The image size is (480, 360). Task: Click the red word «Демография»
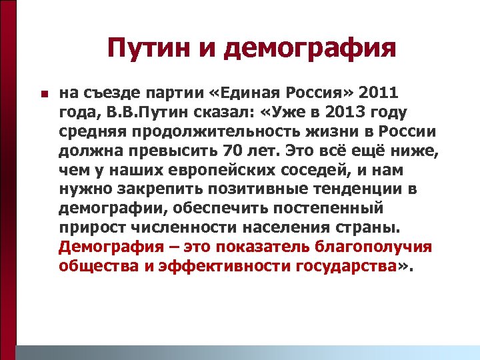tap(115, 248)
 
